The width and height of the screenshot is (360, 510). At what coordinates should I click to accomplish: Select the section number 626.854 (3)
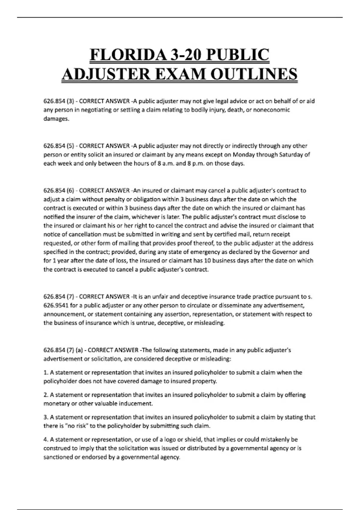point(59,101)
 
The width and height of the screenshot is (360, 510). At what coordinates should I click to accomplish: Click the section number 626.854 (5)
point(59,146)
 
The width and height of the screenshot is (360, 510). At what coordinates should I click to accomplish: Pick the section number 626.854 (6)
point(59,190)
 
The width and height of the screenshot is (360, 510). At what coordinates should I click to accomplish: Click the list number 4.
point(46,439)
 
